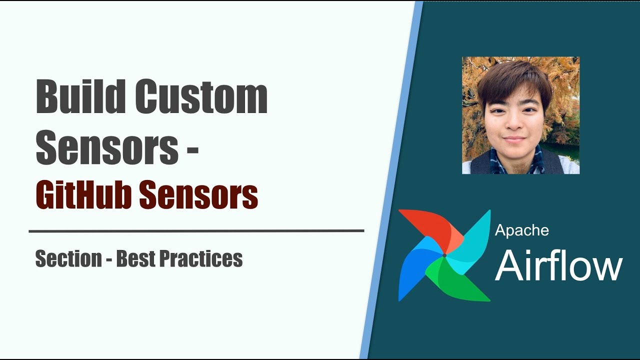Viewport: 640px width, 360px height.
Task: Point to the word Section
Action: [68, 259]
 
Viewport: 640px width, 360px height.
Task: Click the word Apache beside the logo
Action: [521, 230]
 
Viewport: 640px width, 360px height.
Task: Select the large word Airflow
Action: [558, 265]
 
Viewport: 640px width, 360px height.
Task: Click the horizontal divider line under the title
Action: [196, 231]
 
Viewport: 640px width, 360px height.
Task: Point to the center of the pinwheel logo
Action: [444, 256]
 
